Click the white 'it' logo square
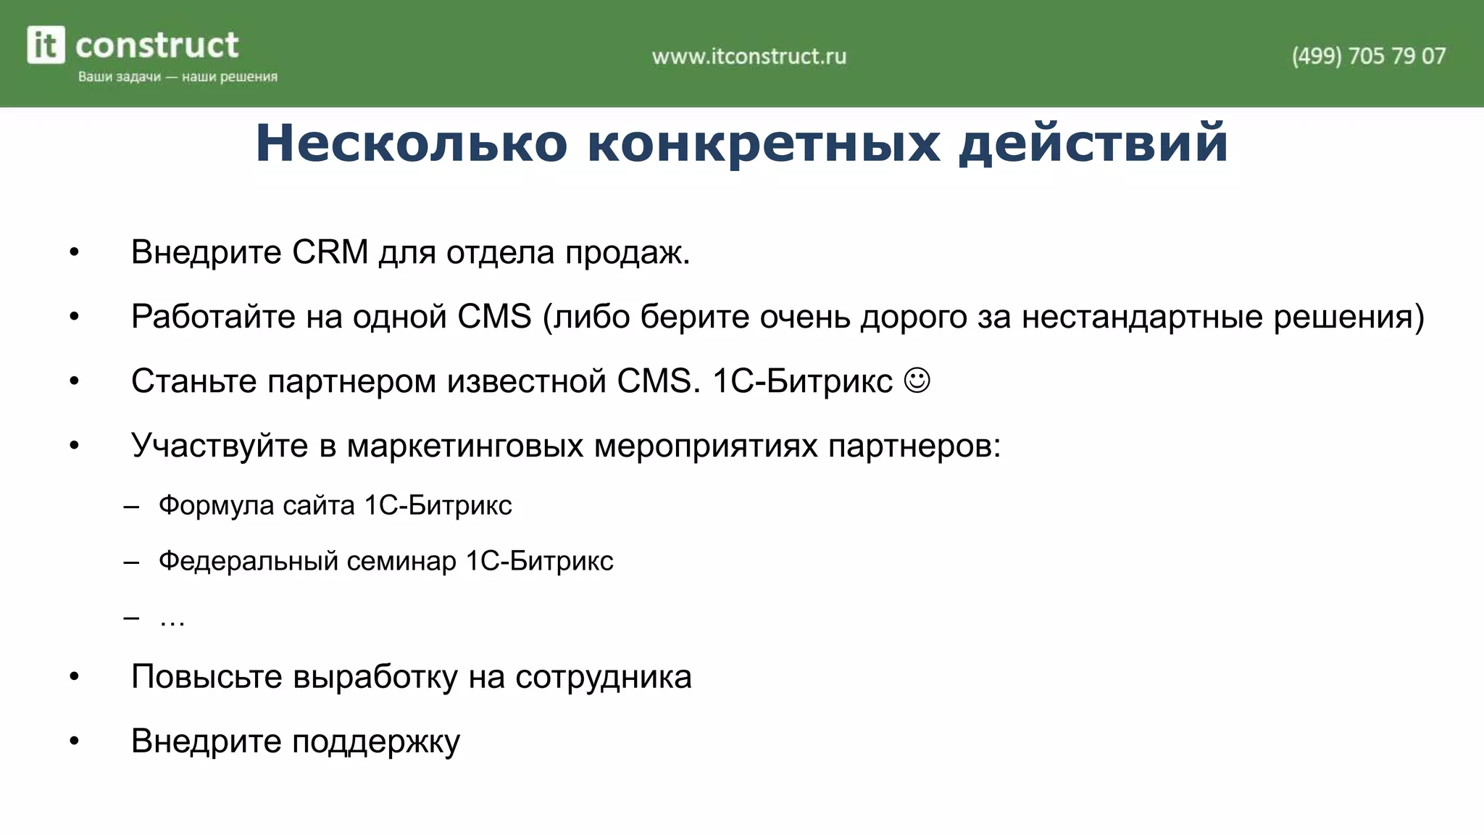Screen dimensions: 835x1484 (46, 45)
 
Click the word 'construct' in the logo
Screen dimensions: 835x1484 (157, 46)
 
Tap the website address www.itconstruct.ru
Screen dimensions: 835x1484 (749, 57)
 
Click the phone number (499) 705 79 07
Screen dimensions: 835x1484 (1368, 56)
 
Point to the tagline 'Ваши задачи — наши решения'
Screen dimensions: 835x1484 (178, 77)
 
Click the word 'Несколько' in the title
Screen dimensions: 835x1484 (411, 143)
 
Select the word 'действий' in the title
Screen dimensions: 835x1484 (1093, 143)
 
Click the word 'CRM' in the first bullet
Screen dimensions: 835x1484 (330, 252)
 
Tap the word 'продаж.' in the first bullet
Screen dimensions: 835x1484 (628, 252)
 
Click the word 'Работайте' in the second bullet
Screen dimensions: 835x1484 (213, 317)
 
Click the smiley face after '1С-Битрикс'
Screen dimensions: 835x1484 (917, 381)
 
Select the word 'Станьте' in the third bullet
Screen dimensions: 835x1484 (193, 381)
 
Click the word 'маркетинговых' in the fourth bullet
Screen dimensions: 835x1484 (465, 445)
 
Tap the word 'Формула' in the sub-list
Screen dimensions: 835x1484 (216, 505)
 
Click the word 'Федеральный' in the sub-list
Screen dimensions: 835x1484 (248, 561)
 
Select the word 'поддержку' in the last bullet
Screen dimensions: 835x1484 (376, 741)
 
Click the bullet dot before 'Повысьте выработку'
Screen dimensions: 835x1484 (74, 677)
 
